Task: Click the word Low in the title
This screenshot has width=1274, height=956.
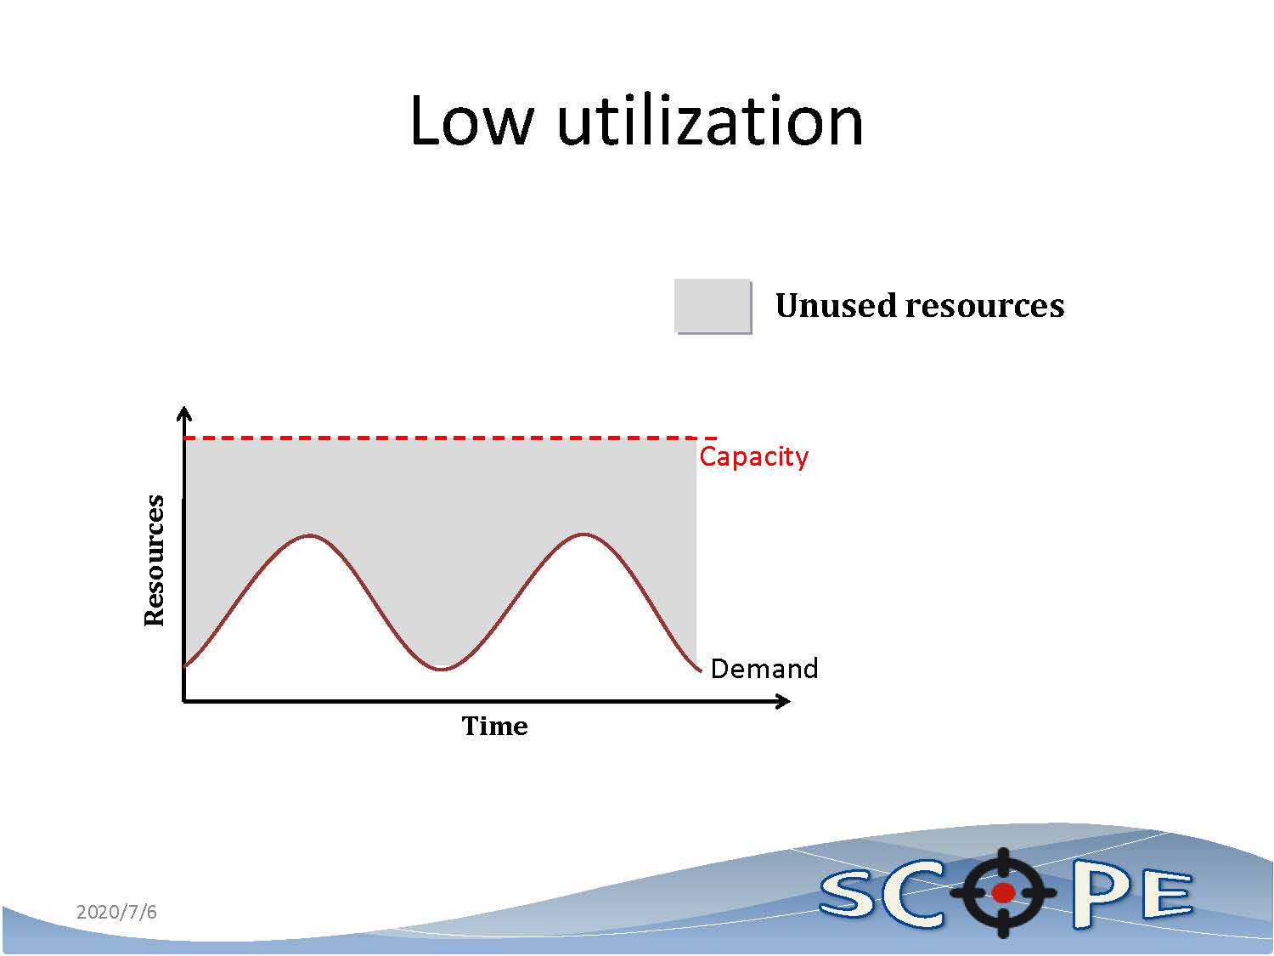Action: pyautogui.click(x=471, y=122)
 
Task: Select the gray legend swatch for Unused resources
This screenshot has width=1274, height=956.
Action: pyautogui.click(x=713, y=307)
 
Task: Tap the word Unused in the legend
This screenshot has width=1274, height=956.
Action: pyautogui.click(x=835, y=305)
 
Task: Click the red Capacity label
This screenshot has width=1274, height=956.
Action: pyautogui.click(x=753, y=457)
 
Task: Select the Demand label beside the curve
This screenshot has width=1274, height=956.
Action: pyautogui.click(x=764, y=669)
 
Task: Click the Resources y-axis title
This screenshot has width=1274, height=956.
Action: pyautogui.click(x=155, y=561)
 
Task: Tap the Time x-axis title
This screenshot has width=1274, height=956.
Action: pyautogui.click(x=494, y=727)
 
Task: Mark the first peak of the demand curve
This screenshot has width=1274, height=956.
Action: pyautogui.click(x=311, y=535)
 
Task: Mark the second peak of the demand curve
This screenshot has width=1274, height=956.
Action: pyautogui.click(x=583, y=534)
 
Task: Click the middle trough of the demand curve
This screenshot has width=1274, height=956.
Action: pyautogui.click(x=443, y=670)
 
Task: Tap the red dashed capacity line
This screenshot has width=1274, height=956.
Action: pyautogui.click(x=450, y=438)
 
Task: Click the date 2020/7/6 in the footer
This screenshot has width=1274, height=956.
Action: pyautogui.click(x=116, y=912)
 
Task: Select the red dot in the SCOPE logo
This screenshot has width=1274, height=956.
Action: pyautogui.click(x=1003, y=892)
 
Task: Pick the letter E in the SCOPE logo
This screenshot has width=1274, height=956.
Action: pyautogui.click(x=1167, y=897)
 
